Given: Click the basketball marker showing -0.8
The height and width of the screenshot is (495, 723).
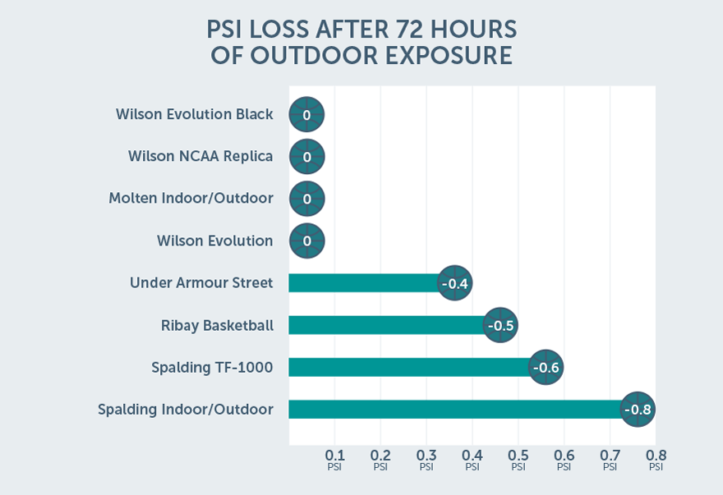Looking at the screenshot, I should click(x=638, y=409).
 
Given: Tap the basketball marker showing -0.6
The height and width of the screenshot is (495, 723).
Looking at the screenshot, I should click(x=546, y=367).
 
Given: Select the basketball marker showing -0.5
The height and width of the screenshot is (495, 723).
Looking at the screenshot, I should click(x=500, y=325).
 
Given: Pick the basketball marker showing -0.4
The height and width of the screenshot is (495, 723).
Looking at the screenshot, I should click(x=454, y=283).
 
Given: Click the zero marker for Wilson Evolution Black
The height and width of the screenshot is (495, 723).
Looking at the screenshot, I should click(x=306, y=115).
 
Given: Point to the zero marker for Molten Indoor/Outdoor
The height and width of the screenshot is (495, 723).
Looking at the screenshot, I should click(x=306, y=199).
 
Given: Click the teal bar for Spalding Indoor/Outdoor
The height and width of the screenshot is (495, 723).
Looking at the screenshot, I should click(x=452, y=409).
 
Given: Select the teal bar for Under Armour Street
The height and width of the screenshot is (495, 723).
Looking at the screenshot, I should click(x=361, y=283).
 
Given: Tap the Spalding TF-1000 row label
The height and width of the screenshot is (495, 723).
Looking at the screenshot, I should click(x=212, y=367).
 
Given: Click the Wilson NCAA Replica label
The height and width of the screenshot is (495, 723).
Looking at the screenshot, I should click(x=200, y=156).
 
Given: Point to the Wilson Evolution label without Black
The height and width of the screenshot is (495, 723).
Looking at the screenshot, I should click(x=214, y=241).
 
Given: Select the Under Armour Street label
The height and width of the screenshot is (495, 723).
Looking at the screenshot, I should click(x=201, y=283).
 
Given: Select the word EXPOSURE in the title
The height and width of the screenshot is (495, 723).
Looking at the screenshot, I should click(x=444, y=56).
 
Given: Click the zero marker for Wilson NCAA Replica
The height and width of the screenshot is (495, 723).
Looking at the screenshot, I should click(x=306, y=156).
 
